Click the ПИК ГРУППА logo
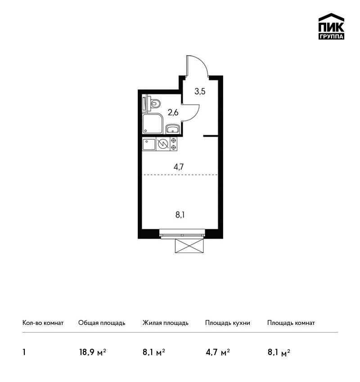coord(331,27)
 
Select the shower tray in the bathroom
coord(153,124)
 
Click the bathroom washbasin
coord(173,129)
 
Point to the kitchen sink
coord(149,144)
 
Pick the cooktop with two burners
coord(174,144)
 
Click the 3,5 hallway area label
coord(200,92)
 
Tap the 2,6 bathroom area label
coord(173,112)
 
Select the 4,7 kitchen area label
coord(179,167)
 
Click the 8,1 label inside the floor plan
coord(180,215)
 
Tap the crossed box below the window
coord(189,245)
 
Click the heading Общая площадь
coord(102,323)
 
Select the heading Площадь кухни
coord(228,323)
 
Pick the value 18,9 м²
coord(92,352)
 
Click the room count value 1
coord(24,352)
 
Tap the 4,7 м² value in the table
coord(218,352)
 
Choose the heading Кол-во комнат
coord(43,323)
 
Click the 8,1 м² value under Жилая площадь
coord(154,352)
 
